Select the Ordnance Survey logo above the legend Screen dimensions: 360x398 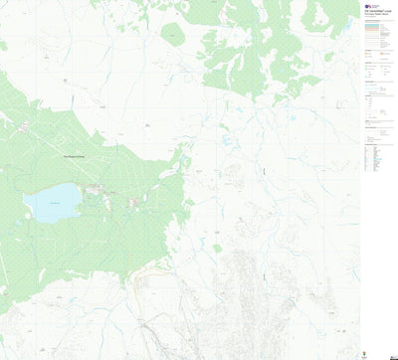(370, 6)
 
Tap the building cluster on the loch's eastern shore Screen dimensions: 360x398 (97, 189)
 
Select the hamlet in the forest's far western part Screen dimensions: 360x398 (22, 124)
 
